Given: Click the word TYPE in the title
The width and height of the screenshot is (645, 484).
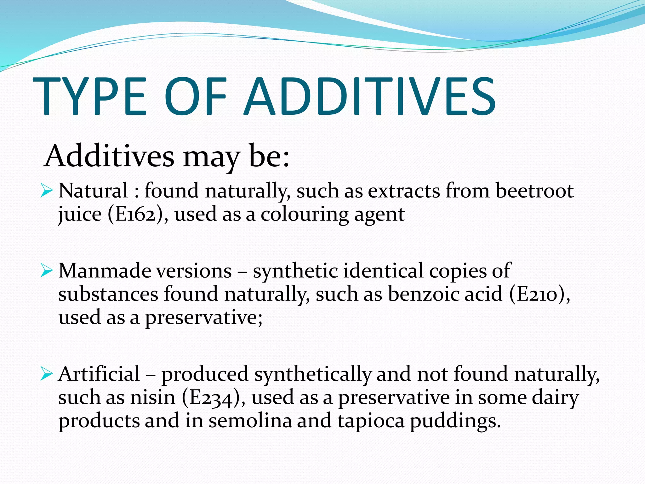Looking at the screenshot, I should click(x=90, y=96).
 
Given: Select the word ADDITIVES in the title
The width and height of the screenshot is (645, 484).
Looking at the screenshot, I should click(x=370, y=96).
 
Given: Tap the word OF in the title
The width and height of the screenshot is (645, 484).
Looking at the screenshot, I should click(x=195, y=96).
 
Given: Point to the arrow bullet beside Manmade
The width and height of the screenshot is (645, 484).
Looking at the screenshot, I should click(x=46, y=271).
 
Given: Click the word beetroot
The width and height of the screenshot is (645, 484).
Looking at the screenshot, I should click(x=534, y=191).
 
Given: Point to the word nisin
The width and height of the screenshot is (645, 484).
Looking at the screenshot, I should click(x=153, y=398).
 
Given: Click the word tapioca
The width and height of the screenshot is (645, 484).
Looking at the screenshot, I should click(x=371, y=421).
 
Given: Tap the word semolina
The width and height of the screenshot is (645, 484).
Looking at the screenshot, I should click(x=250, y=421).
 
